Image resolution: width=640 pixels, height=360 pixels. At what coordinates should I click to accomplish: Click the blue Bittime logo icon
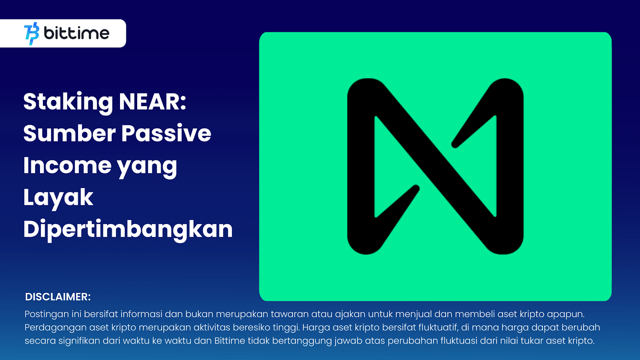[32, 34]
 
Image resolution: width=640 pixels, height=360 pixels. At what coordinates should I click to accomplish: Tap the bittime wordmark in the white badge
[76, 33]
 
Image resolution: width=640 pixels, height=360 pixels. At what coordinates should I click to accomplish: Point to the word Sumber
[70, 133]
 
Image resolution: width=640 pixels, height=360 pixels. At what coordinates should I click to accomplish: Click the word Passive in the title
[166, 133]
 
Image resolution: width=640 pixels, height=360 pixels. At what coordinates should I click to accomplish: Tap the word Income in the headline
[67, 165]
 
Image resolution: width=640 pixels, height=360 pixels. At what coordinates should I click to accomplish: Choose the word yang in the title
[147, 168]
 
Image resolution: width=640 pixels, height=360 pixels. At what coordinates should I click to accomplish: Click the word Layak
[58, 198]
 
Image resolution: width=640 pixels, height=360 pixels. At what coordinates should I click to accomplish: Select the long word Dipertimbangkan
[128, 230]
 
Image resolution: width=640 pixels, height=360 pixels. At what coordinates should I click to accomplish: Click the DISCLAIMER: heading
[58, 297]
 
